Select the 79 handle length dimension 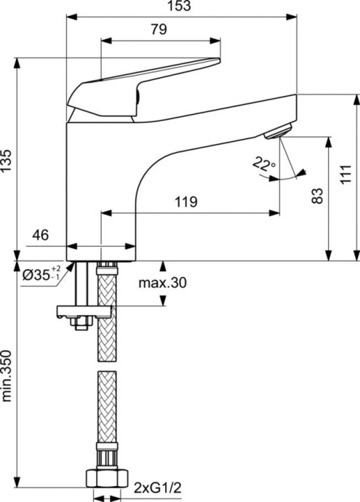click(x=159, y=30)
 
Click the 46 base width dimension click(x=41, y=235)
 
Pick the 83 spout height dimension click(x=318, y=196)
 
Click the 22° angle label click(x=264, y=165)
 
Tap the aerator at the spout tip click(x=276, y=131)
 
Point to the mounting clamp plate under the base click(x=82, y=311)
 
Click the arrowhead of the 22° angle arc click(x=300, y=172)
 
